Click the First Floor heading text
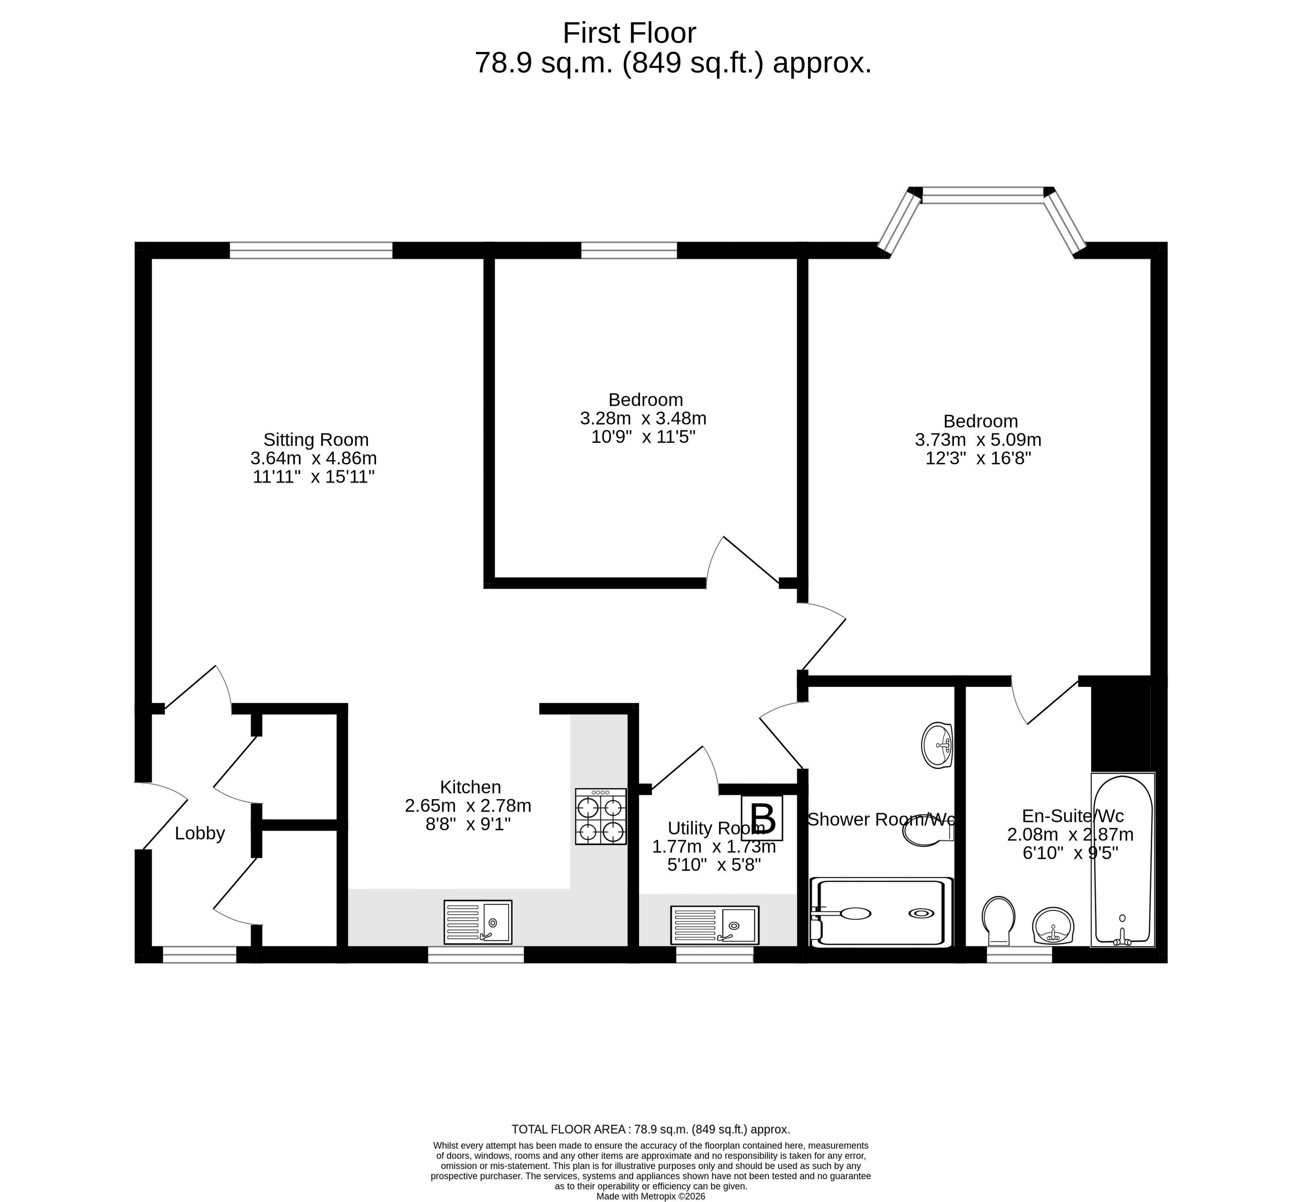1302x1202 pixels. pos(629,33)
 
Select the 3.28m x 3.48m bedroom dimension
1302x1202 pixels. pos(643,418)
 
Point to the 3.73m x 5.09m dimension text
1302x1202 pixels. pos(978,440)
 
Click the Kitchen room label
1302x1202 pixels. pos(470,787)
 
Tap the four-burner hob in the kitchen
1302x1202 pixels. pos(601,817)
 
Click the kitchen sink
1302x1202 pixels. pos(477,922)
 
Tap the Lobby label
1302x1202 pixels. pos(200,833)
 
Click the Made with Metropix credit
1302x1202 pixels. pos(651,1195)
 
